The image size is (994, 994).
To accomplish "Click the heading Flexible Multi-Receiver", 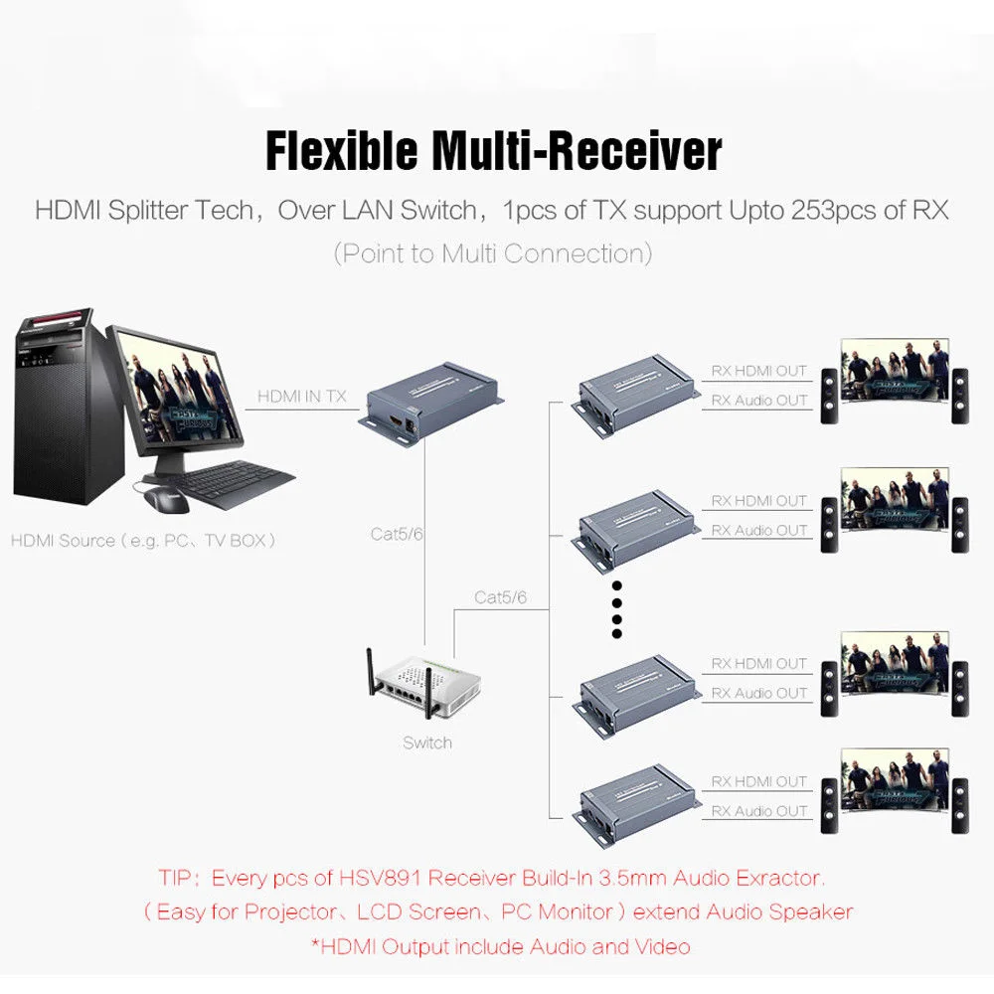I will [493, 151].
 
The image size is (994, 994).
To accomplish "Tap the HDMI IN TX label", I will [302, 396].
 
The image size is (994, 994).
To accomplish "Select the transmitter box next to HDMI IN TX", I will [429, 402].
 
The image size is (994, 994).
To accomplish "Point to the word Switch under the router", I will [427, 743].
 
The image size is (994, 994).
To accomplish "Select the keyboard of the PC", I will [235, 484].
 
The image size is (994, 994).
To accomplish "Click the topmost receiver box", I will [636, 392].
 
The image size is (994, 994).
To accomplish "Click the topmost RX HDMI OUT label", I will [759, 371].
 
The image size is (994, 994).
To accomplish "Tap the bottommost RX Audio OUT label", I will [759, 811].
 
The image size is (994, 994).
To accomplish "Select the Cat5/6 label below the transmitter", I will [399, 534].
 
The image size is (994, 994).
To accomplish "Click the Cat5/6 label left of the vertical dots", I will [500, 597].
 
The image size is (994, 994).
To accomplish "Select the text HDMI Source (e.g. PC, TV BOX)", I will [143, 541].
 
